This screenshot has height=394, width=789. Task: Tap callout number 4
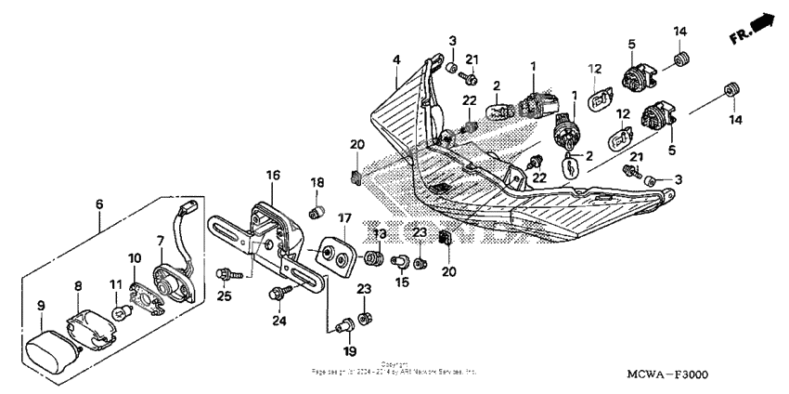click(396, 59)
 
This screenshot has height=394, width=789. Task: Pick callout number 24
click(277, 322)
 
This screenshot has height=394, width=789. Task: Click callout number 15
click(402, 282)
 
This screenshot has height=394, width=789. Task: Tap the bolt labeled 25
click(225, 274)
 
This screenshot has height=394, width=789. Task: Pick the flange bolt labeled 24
click(276, 295)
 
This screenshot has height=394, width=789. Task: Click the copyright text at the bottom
click(394, 368)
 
